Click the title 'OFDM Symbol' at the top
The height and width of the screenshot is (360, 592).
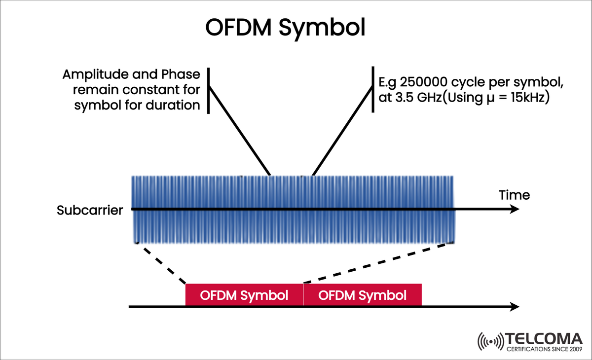point(285,28)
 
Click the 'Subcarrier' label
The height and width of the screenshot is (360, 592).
point(90,211)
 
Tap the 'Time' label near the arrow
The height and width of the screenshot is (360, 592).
point(514,195)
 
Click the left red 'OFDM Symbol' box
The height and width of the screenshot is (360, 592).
point(244,295)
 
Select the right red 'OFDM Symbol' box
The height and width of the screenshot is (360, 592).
point(363,295)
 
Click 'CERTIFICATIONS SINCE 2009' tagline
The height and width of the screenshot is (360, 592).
point(544,350)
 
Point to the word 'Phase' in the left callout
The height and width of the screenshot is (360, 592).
point(181,75)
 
